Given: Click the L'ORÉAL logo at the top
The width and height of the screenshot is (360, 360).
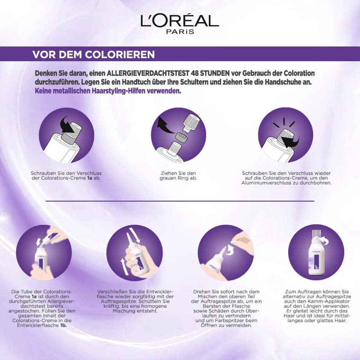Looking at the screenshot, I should [180, 21].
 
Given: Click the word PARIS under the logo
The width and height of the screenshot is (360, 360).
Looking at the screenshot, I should [180, 32].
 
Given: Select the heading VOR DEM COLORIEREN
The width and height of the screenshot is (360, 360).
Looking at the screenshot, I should [94, 54].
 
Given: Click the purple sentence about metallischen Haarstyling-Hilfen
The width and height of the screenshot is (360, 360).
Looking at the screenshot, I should [108, 91].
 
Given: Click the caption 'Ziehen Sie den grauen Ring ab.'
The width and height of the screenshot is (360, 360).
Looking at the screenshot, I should [179, 176].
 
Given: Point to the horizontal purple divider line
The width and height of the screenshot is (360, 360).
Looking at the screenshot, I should [180, 201].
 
